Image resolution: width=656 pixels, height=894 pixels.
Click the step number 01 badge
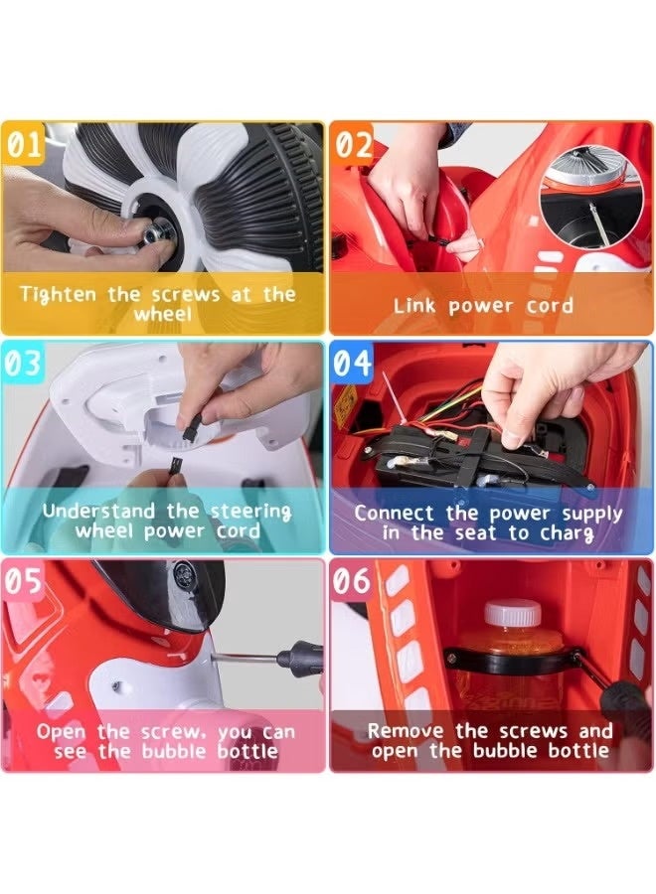[x=23, y=144]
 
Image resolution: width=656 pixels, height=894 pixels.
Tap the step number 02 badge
[x=353, y=144]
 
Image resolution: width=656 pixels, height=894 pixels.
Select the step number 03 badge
[x=23, y=364]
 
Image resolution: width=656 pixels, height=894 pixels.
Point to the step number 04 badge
[x=353, y=364]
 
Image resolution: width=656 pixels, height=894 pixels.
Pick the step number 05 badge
[x=23, y=581]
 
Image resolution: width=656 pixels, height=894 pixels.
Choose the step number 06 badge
[x=353, y=581]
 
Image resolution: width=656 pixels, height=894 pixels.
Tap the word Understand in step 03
[x=98, y=511]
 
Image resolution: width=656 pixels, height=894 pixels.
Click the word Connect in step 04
[x=394, y=514]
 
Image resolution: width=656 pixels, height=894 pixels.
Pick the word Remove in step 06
[x=406, y=731]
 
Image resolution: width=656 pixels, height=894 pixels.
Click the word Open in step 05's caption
[x=61, y=733]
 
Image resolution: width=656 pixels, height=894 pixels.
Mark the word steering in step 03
[x=251, y=512]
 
